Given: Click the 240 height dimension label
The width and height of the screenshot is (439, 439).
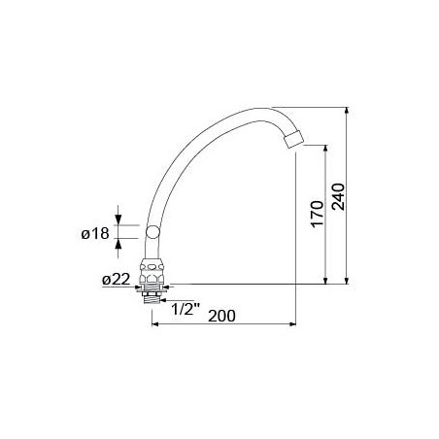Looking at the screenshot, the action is click(339, 197).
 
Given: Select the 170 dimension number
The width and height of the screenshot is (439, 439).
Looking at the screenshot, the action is click(318, 214).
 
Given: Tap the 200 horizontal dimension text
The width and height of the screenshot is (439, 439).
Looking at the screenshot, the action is click(221, 316).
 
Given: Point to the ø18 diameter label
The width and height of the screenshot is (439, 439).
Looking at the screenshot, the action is click(95, 234).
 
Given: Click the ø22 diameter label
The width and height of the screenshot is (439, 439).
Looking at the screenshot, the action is click(117, 279).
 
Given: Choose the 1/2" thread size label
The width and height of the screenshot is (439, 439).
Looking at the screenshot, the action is click(186, 309).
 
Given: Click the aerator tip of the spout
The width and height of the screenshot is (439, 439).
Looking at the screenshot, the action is click(293, 140).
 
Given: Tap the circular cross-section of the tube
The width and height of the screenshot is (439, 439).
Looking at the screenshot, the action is click(152, 232).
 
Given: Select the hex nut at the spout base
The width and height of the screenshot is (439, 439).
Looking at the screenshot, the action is click(152, 272).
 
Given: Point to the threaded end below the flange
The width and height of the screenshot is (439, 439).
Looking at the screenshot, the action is click(152, 298).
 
